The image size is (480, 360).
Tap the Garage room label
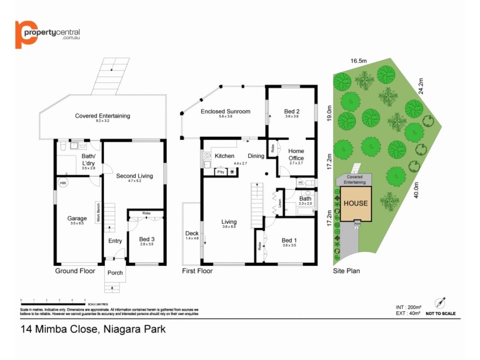77,218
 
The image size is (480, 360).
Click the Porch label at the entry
115,272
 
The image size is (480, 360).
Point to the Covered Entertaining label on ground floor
102,116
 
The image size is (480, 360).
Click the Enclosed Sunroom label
225,111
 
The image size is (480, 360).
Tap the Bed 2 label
292,111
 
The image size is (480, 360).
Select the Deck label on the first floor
191,233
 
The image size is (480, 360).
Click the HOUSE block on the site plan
355,203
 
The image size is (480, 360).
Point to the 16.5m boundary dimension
359,61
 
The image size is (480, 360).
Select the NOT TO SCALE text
440,313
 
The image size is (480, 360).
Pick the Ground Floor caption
75,271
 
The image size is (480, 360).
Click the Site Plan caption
346,271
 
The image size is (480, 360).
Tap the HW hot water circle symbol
63,182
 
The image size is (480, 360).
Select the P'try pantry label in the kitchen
220,172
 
